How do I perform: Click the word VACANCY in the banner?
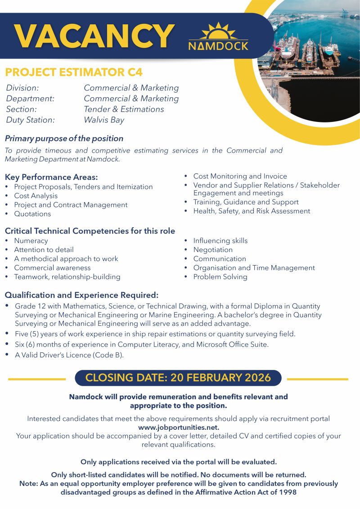pyautogui.click(x=94, y=36)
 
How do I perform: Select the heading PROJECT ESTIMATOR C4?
pyautogui.click(x=73, y=72)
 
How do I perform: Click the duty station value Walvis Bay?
pyautogui.click(x=103, y=120)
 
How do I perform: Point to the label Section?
pyautogui.click(x=22, y=109)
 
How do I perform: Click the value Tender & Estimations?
pyautogui.click(x=124, y=109)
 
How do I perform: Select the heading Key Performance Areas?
pyautogui.click(x=51, y=177)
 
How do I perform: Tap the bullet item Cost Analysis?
pyautogui.click(x=36, y=196)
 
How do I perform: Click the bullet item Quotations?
pyautogui.click(x=32, y=214)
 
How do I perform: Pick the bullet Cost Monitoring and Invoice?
pyautogui.click(x=240, y=176)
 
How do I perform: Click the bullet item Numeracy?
pyautogui.click(x=31, y=241)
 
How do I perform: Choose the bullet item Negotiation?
pyautogui.click(x=213, y=250)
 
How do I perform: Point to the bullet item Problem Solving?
pyautogui.click(x=220, y=277)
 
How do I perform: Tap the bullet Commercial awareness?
pyautogui.click(x=52, y=268)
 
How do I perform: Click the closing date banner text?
pyautogui.click(x=178, y=378)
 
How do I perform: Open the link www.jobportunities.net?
pyautogui.click(x=179, y=427)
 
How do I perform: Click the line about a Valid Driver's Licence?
pyautogui.click(x=69, y=355)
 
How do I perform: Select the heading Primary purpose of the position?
pyautogui.click(x=64, y=139)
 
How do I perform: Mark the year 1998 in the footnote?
pyautogui.click(x=288, y=492)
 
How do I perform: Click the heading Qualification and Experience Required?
pyautogui.click(x=81, y=295)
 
